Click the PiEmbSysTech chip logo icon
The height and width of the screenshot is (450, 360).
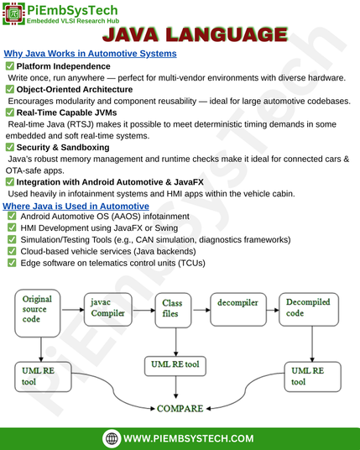pyautogui.click(x=13, y=13)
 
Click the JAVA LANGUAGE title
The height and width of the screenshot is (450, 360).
pyautogui.click(x=195, y=34)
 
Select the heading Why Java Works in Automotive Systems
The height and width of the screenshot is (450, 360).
pyautogui.click(x=90, y=54)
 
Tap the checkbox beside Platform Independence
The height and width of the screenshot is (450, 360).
pyautogui.click(x=10, y=66)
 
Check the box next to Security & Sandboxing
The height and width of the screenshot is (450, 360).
pyautogui.click(x=10, y=147)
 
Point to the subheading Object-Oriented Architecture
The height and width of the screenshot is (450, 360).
pyautogui.click(x=75, y=90)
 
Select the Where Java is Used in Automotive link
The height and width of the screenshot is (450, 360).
pyautogui.click(x=76, y=206)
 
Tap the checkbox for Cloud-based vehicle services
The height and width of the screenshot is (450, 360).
pyautogui.click(x=12, y=251)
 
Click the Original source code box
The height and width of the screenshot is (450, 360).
pyautogui.click(x=38, y=313)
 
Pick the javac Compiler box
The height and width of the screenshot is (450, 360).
pyautogui.click(x=108, y=309)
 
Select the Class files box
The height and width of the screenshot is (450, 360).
pyautogui.click(x=173, y=311)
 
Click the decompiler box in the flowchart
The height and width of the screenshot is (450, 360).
pyautogui.click(x=238, y=309)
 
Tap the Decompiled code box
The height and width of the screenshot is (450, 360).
pyautogui.click(x=309, y=309)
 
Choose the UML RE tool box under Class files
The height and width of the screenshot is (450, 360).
pyautogui.click(x=175, y=366)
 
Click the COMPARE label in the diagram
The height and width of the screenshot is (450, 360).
pyautogui.click(x=180, y=408)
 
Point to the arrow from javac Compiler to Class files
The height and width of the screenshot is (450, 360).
pyautogui.click(x=143, y=310)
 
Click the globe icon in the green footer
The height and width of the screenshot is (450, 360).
pyautogui.click(x=112, y=438)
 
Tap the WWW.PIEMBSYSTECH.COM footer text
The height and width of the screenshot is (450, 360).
pyautogui.click(x=189, y=438)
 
